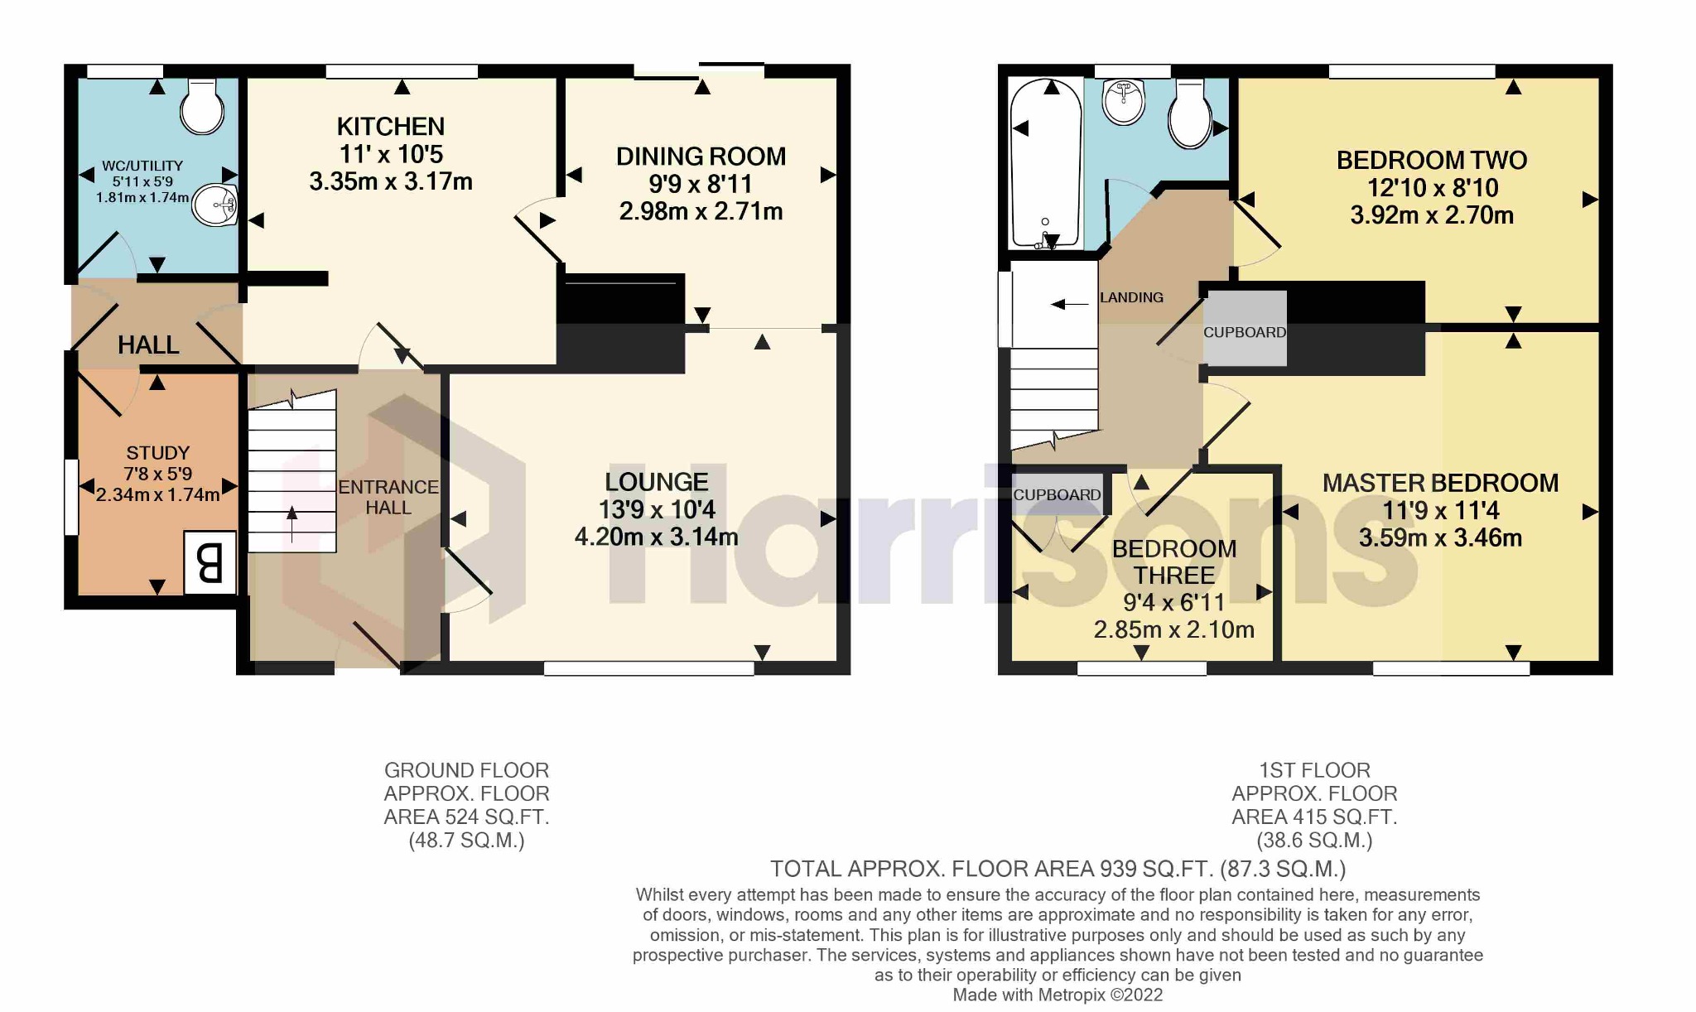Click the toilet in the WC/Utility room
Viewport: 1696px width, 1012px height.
pyautogui.click(x=201, y=106)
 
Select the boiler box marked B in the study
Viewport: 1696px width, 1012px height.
pyautogui.click(x=210, y=563)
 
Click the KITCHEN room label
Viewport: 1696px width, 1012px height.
pyautogui.click(x=390, y=127)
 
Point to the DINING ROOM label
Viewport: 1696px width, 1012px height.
pyautogui.click(x=701, y=157)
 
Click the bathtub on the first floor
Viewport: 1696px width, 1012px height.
pyautogui.click(x=1045, y=164)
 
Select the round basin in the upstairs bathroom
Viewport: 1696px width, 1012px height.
pyautogui.click(x=1124, y=102)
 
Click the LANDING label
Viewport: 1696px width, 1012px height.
pyautogui.click(x=1131, y=297)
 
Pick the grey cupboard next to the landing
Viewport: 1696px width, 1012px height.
pyautogui.click(x=1245, y=329)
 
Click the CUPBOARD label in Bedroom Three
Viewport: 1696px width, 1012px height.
pyautogui.click(x=1057, y=494)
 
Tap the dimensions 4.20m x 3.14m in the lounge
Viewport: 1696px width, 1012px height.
pyautogui.click(x=656, y=537)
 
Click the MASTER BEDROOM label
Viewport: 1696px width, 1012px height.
pyautogui.click(x=1440, y=483)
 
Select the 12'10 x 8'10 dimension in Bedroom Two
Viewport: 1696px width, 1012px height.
pyautogui.click(x=1432, y=188)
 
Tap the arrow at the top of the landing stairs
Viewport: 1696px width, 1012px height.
pyautogui.click(x=1069, y=305)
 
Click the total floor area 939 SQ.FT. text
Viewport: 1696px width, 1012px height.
pyautogui.click(x=1058, y=869)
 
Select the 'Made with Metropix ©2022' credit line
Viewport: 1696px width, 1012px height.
pyautogui.click(x=1058, y=995)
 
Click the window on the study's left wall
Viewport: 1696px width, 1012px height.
pyautogui.click(x=72, y=497)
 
